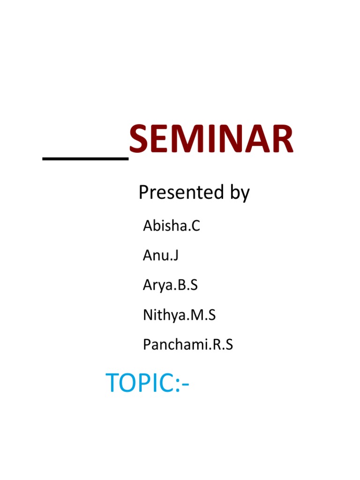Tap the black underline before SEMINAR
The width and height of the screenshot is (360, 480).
click(x=86, y=159)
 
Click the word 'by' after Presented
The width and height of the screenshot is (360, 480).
click(x=239, y=193)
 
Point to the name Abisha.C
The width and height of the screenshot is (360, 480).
click(x=172, y=226)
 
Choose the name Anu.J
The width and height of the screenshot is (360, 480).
click(x=161, y=255)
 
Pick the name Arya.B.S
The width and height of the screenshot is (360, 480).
click(x=170, y=285)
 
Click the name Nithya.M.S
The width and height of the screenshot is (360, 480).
click(x=179, y=315)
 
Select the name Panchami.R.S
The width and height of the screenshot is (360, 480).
click(x=187, y=345)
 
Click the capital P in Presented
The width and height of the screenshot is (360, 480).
click(x=143, y=192)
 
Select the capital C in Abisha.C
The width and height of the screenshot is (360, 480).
click(x=195, y=226)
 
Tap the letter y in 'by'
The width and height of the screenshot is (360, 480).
click(x=245, y=195)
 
